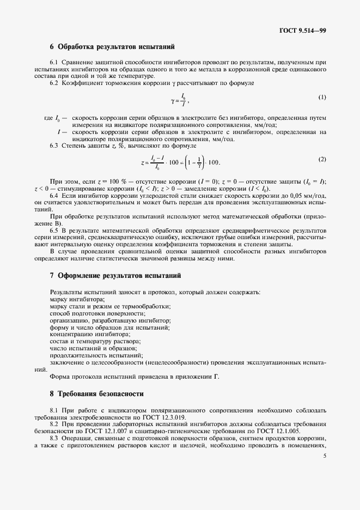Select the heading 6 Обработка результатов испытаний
coord(112,47)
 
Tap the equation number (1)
coord(322,97)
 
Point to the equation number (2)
coord(322,159)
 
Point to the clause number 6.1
coord(54,63)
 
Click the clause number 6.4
coord(54,195)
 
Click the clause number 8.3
coord(54,437)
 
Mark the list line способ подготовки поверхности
coord(97,313)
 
